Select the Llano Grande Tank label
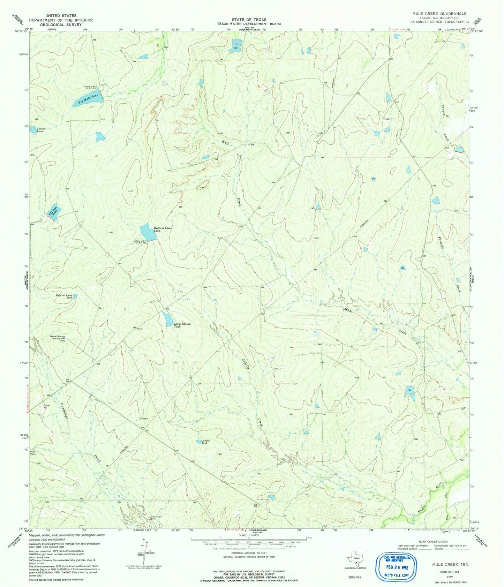point(182,325)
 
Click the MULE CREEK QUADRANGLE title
point(440,14)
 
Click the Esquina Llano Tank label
point(65,296)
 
